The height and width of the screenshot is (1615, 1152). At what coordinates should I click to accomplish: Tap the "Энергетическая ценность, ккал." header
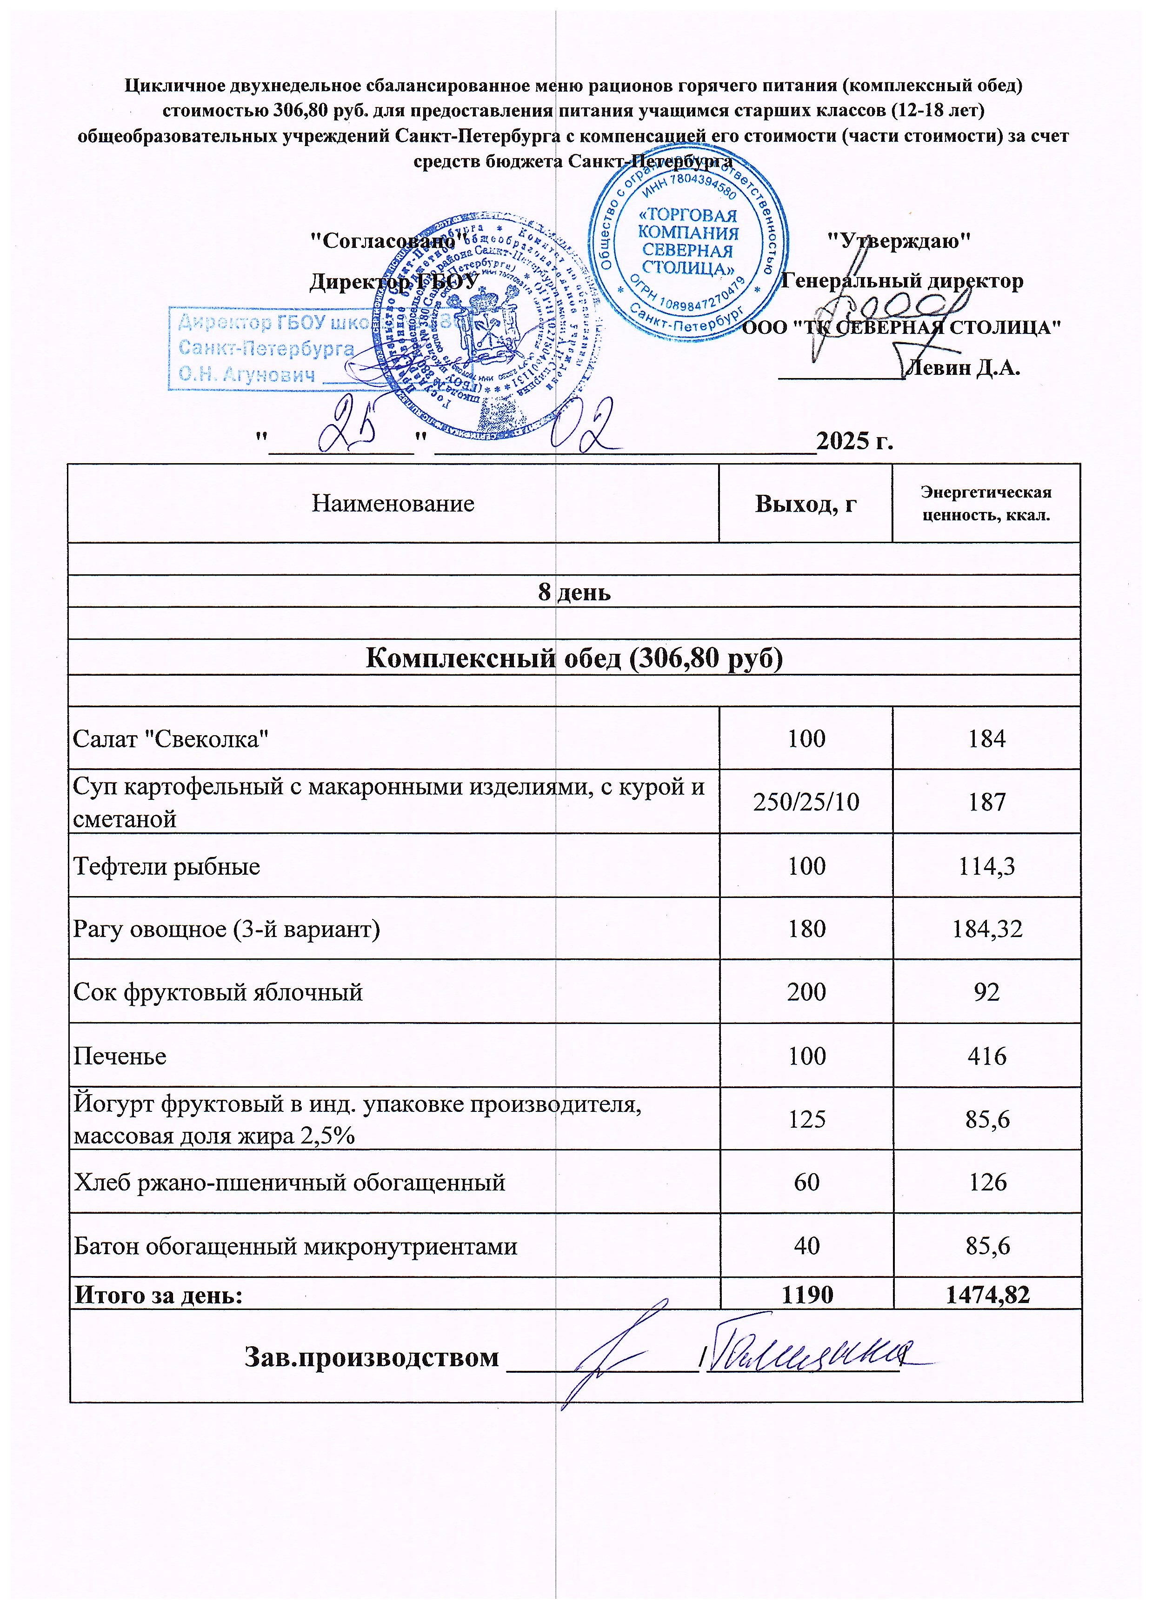[986, 504]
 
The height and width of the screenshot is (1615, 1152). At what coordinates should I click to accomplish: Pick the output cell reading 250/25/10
[806, 802]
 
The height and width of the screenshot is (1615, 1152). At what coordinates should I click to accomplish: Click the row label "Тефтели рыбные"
[166, 866]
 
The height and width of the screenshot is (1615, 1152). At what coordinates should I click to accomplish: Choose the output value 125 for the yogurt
[806, 1119]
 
